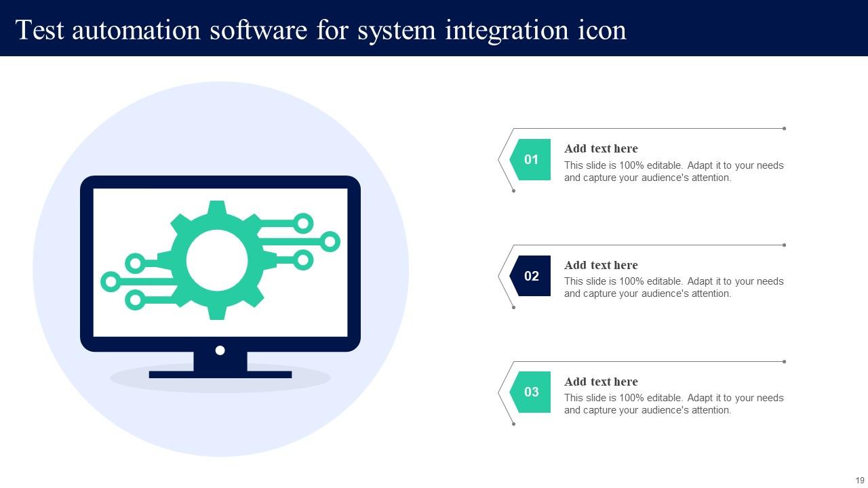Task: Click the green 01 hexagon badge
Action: tap(530, 159)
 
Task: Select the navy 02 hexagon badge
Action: tap(530, 276)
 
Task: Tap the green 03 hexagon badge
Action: tap(530, 392)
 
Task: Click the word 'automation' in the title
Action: tap(136, 30)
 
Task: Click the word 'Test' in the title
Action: tap(39, 30)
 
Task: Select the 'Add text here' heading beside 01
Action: tap(601, 148)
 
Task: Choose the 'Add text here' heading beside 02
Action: tap(601, 265)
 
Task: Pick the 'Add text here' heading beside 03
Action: tap(601, 382)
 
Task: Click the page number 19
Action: tap(860, 481)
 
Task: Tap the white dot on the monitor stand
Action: tap(220, 350)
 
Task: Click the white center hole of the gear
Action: tap(217, 260)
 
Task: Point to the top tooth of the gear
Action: tap(217, 208)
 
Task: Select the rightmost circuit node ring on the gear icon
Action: tap(330, 242)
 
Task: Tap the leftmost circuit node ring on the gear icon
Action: tap(111, 281)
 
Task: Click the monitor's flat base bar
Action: tap(220, 375)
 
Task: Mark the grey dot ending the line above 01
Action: tap(785, 129)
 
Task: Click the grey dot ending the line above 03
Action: tap(785, 362)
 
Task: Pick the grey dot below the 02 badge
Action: tap(514, 308)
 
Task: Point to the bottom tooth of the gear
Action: tap(217, 312)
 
